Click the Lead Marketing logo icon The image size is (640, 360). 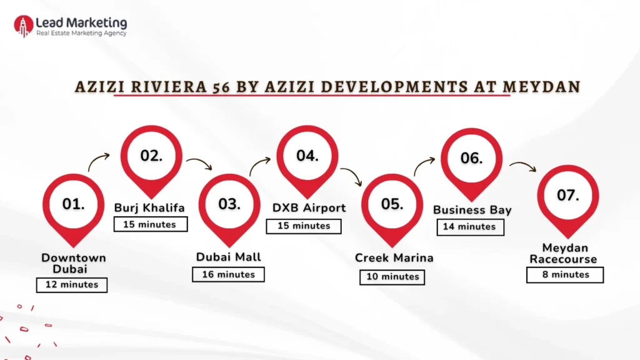click(x=23, y=26)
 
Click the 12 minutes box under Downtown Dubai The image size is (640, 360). click(x=71, y=284)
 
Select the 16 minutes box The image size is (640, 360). click(x=228, y=274)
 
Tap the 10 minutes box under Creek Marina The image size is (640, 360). click(x=392, y=276)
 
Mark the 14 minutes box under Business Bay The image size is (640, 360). click(x=469, y=227)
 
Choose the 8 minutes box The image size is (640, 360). click(x=565, y=274)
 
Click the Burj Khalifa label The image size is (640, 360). click(x=149, y=207)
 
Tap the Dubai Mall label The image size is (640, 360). click(x=229, y=257)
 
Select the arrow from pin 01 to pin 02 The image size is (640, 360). click(x=98, y=163)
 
